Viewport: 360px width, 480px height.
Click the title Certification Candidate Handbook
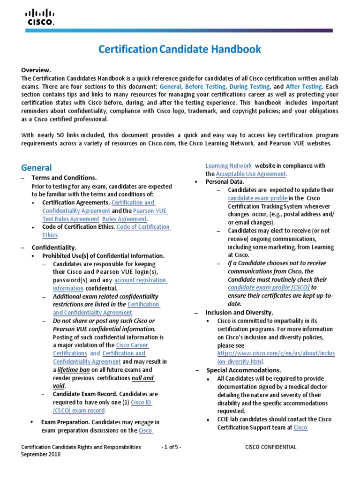coord(180,49)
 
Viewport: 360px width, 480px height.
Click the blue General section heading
coord(37,168)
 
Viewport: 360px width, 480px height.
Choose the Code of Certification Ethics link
coord(143,227)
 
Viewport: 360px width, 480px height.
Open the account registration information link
coord(141,280)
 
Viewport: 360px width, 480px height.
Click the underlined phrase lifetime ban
coord(74,370)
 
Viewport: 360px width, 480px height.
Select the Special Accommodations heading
coord(244,370)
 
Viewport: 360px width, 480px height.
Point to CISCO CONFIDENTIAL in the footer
coord(271,447)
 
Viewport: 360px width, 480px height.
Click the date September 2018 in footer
coord(41,454)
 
